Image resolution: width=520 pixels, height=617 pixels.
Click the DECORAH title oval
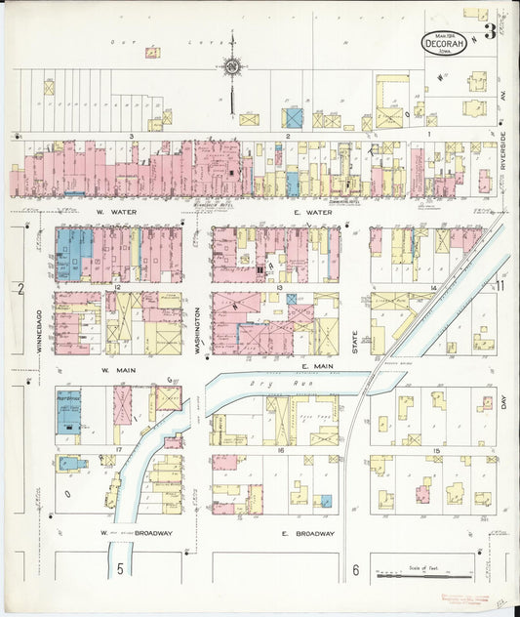(444, 43)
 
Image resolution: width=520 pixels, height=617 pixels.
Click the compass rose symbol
(232, 67)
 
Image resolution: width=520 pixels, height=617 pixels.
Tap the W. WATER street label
(114, 212)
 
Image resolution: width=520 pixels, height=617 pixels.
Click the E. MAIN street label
(318, 366)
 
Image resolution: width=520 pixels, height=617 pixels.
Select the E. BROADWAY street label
(308, 534)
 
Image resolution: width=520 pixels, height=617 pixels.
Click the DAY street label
(505, 401)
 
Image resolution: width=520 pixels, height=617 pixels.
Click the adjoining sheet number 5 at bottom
(121, 567)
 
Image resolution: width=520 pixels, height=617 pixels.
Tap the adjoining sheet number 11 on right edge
(499, 286)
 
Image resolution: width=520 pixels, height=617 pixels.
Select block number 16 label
(279, 451)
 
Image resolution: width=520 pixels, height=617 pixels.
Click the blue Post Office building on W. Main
(69, 410)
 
